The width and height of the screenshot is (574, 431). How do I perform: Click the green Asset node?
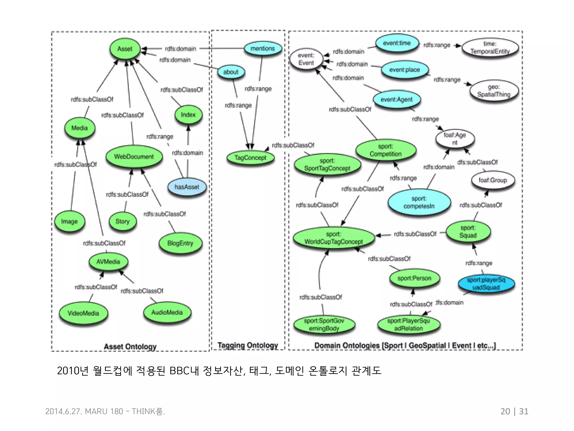point(125,49)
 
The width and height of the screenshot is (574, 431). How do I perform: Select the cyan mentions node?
point(263,49)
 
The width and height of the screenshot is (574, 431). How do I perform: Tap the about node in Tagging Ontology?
point(231,72)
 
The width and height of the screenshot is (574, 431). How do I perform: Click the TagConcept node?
point(250,158)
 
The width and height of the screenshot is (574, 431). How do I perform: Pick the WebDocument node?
point(134,157)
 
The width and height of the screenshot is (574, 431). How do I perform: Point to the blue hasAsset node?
point(187,187)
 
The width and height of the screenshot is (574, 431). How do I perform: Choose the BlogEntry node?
point(180,243)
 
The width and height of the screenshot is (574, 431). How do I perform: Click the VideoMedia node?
point(83,313)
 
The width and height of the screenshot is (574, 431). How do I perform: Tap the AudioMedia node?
point(167,312)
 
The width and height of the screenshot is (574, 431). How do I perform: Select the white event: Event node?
point(306,59)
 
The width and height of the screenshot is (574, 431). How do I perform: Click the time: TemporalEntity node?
point(490,48)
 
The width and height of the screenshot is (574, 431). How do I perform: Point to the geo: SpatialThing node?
point(494,91)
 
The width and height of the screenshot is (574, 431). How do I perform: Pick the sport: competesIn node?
point(419,202)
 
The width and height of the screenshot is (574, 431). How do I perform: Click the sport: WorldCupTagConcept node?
point(334,238)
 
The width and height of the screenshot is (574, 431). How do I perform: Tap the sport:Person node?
point(414,278)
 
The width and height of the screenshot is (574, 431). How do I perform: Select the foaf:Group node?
point(493,180)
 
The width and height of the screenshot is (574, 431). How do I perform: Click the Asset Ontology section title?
point(130,347)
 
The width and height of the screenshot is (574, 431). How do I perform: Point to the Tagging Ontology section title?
point(248,345)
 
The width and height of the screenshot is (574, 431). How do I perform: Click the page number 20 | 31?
point(514,411)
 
